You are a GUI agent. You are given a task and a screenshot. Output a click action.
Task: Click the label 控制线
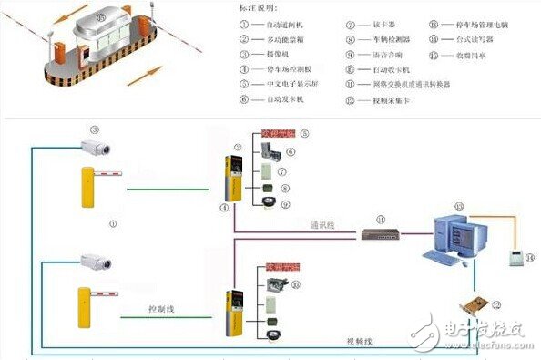click(x=161, y=309)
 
